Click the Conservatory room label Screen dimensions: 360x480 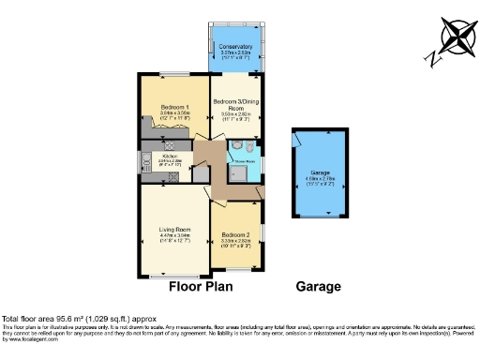pyautogui.click(x=235, y=47)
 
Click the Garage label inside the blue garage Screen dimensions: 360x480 pyautogui.click(x=322, y=174)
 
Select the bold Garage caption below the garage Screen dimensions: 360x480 pyautogui.click(x=319, y=287)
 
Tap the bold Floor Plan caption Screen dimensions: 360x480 pyautogui.click(x=204, y=287)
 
